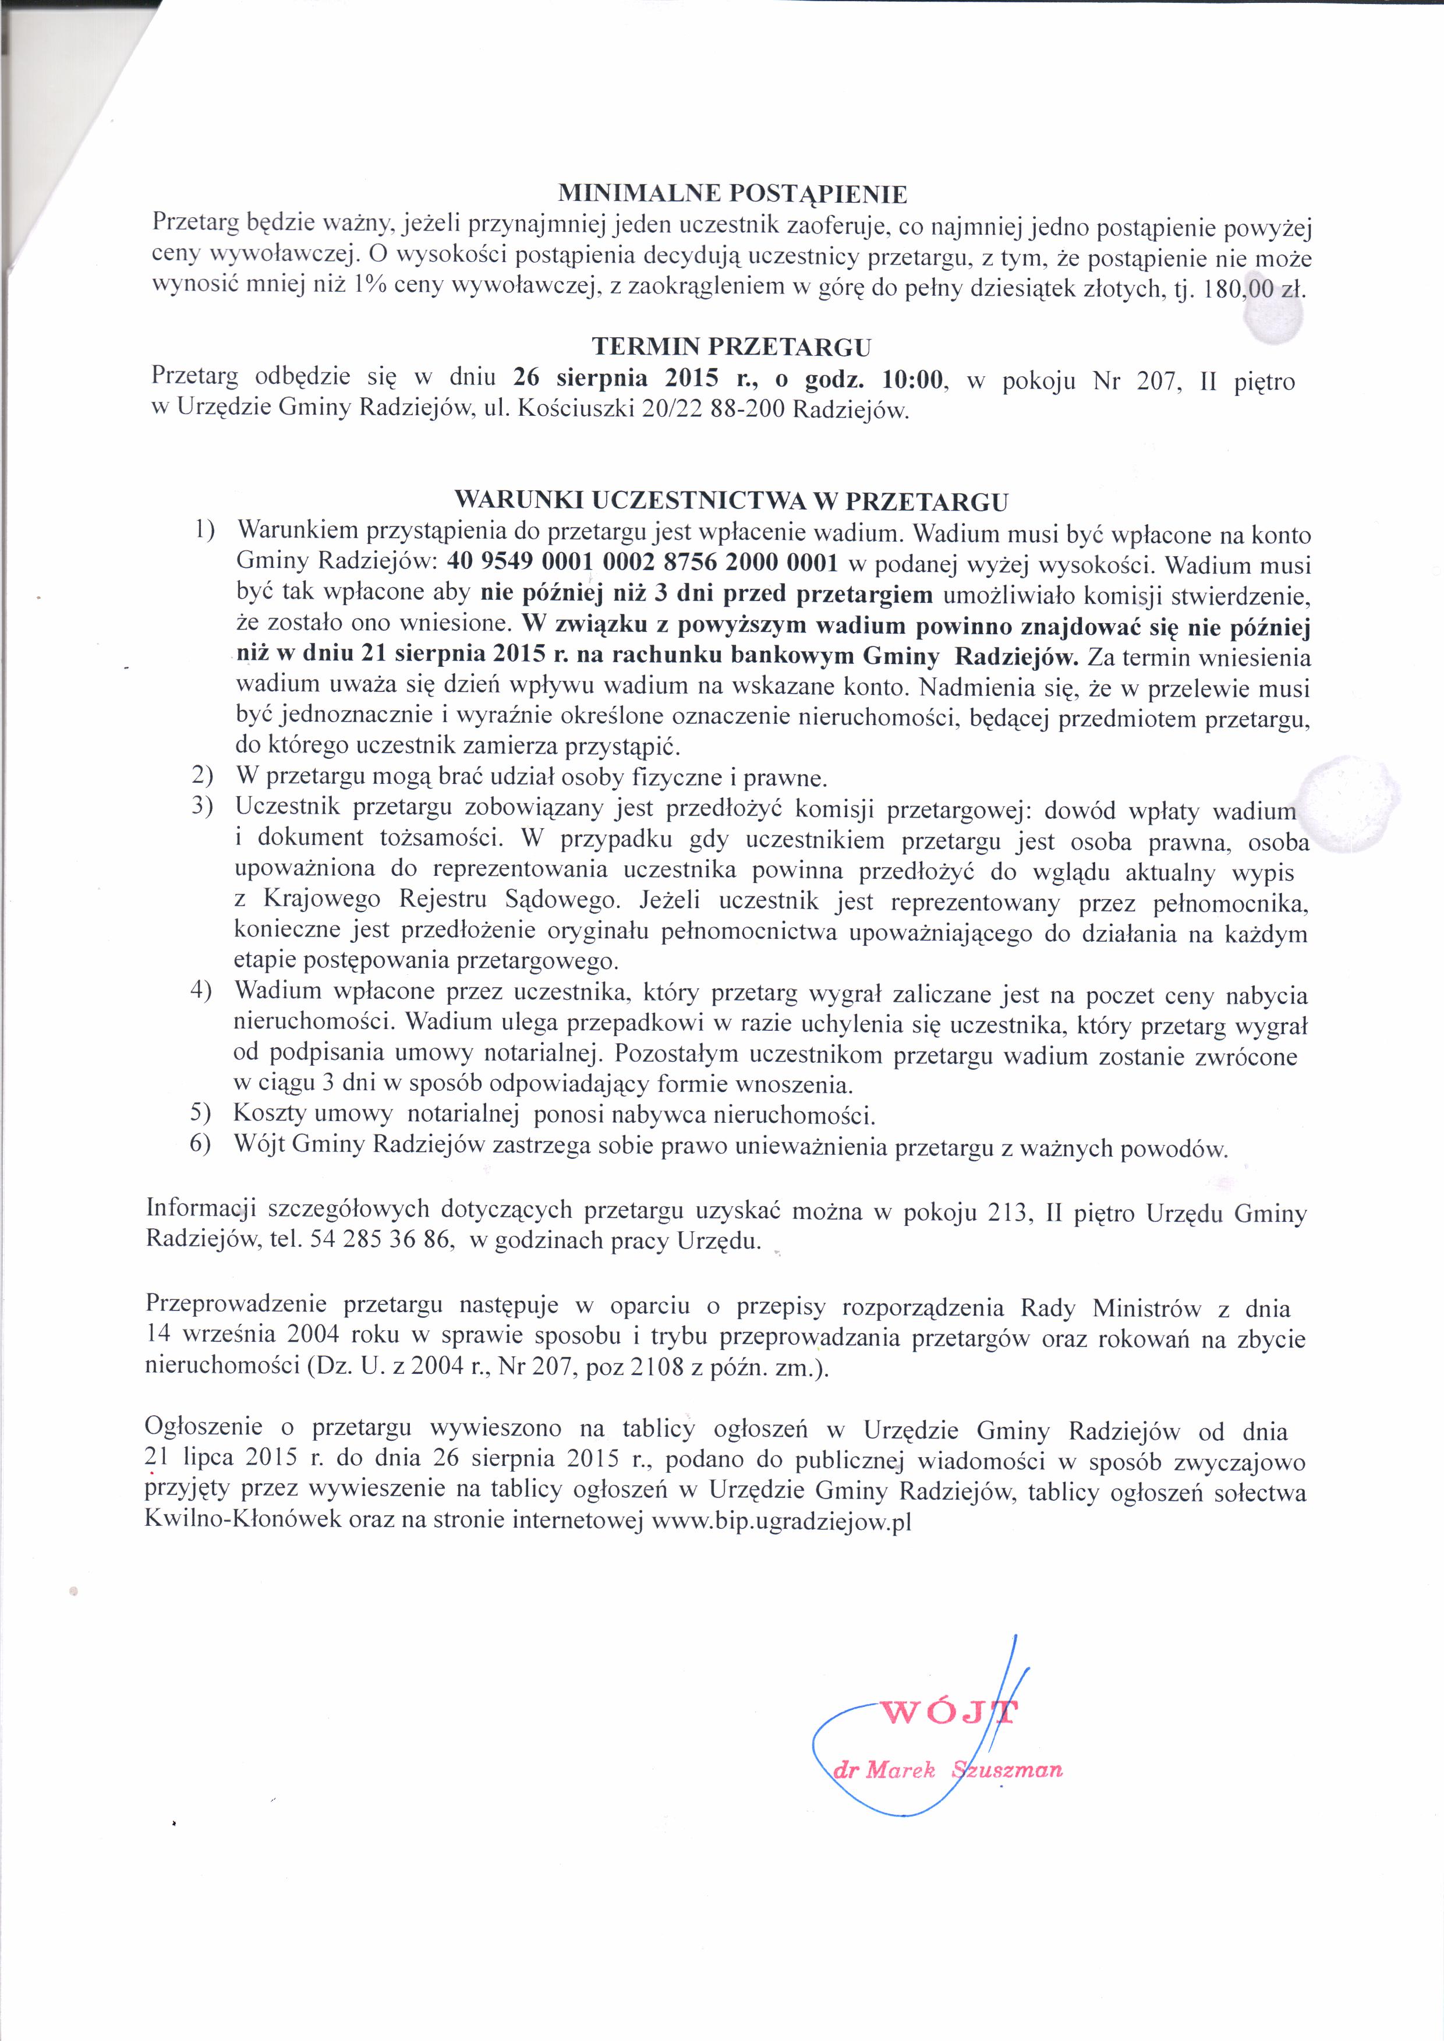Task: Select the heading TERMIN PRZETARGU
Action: (x=731, y=346)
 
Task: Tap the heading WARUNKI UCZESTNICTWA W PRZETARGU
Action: (x=731, y=500)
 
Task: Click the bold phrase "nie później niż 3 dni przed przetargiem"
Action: (x=707, y=595)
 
